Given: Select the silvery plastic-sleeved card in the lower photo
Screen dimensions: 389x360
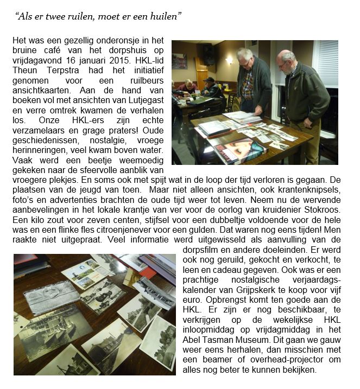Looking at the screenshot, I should tap(52, 297).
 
